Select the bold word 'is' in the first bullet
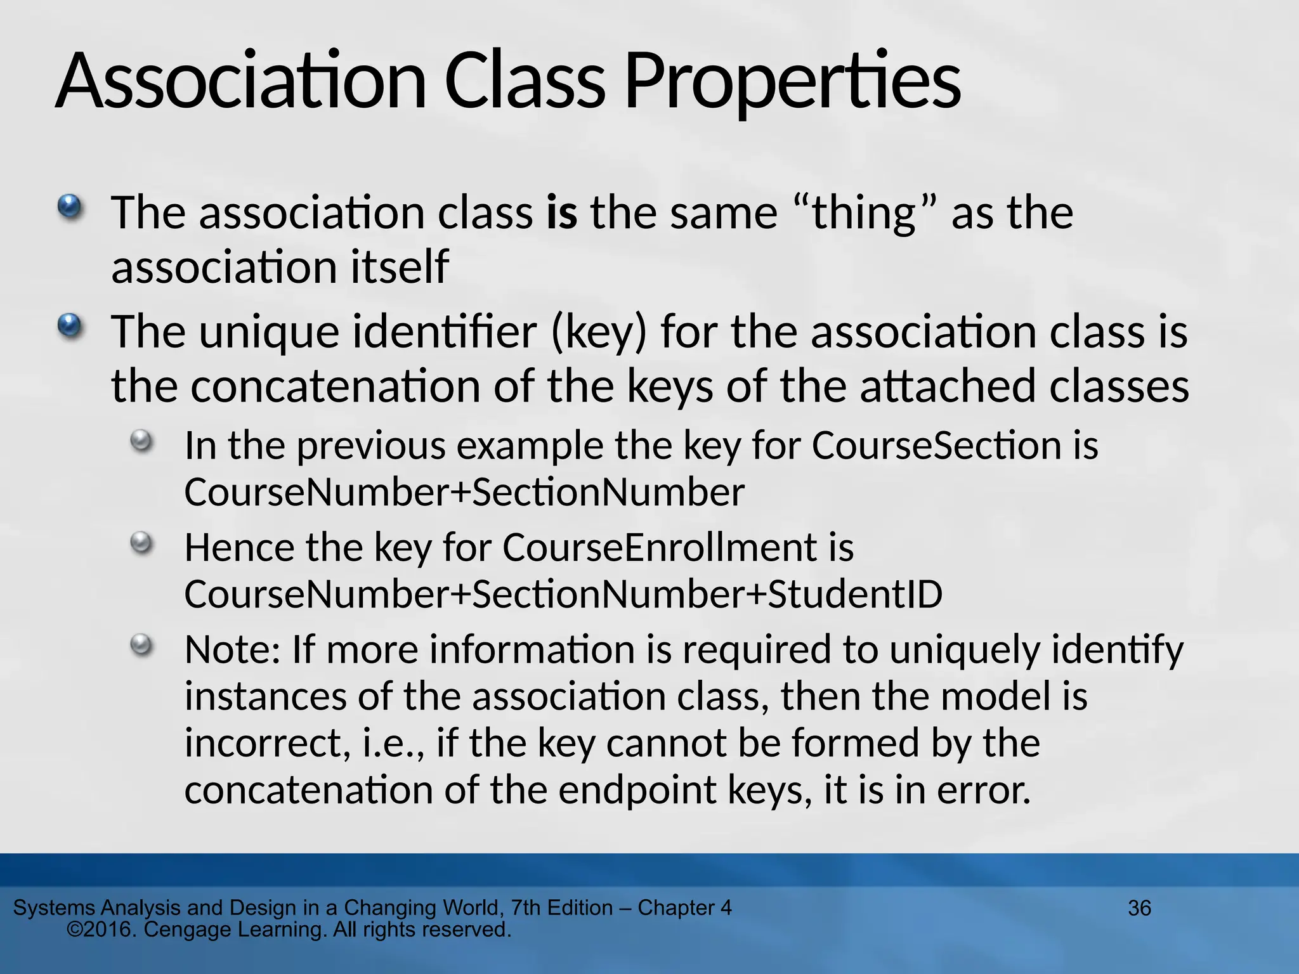562,212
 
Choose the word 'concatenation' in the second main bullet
336,386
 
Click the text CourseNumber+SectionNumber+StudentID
563,594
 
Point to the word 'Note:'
232,650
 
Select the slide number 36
1139,908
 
